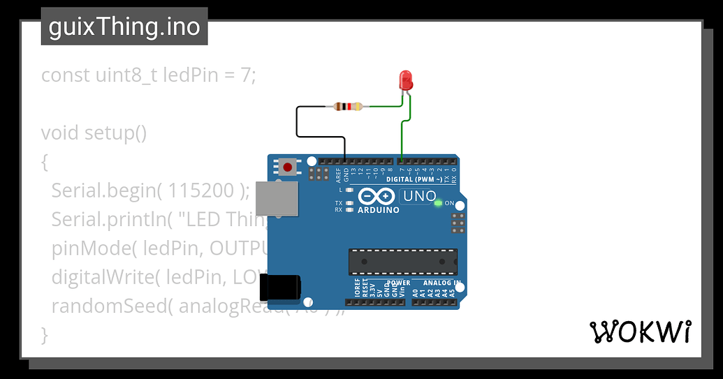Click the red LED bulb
tap(405, 80)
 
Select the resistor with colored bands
tap(347, 107)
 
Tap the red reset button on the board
tap(287, 167)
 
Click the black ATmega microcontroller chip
tap(403, 261)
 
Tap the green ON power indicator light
tap(438, 203)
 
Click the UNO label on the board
tap(419, 197)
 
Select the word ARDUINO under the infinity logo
tap(378, 210)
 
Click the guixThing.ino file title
tap(124, 27)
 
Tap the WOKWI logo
tap(641, 332)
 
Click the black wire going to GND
tap(298, 122)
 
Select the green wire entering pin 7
tap(401, 140)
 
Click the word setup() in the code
tap(115, 133)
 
